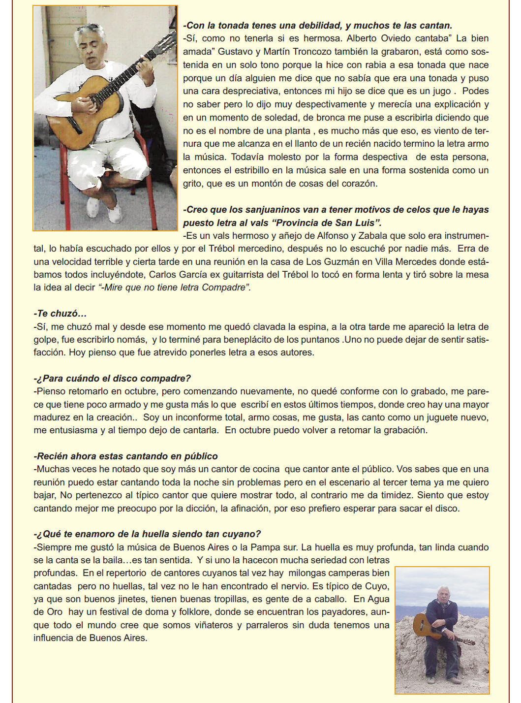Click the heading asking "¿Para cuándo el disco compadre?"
pos(112,379)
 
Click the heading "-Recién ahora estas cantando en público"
pos(126,456)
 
